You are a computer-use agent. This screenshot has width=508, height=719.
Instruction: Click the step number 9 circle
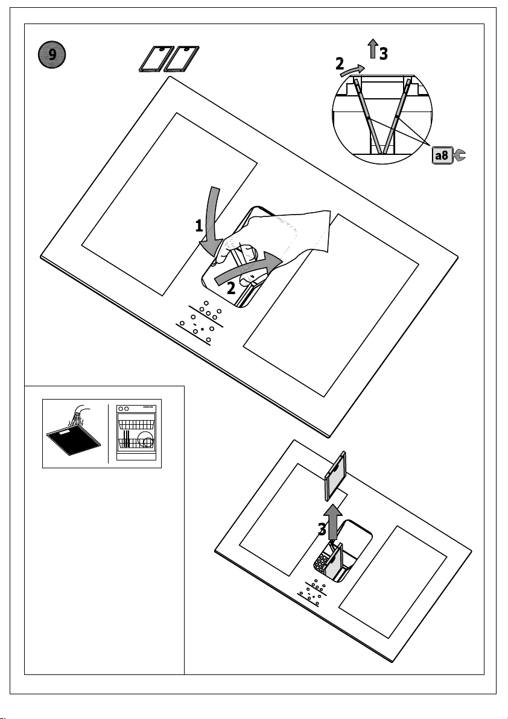pos(52,55)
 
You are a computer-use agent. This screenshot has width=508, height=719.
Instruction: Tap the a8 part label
pos(442,155)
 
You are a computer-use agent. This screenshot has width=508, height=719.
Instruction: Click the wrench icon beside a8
pos(459,155)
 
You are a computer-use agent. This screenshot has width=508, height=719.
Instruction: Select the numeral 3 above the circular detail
pos(384,54)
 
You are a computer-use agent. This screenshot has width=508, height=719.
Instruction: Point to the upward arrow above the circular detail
pos(373,48)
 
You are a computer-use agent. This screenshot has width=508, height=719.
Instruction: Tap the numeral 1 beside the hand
pos(198,226)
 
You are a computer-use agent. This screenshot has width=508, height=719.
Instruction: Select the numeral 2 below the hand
pos(231,289)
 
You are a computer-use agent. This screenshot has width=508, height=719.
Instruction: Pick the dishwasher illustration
pos(136,432)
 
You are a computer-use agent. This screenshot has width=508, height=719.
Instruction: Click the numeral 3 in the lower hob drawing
pos(322,530)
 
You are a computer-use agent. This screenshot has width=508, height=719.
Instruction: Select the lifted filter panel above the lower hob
pos(335,476)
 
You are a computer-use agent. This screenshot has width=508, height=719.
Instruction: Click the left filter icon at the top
pos(156,58)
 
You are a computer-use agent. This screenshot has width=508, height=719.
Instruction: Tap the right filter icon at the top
pos(181,58)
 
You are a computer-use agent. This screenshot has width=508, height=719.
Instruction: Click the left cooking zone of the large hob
pos(170,204)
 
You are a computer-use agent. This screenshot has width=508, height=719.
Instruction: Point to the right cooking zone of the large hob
pos(331,305)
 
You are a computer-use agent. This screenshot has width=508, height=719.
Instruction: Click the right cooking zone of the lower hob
pos(393,582)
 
